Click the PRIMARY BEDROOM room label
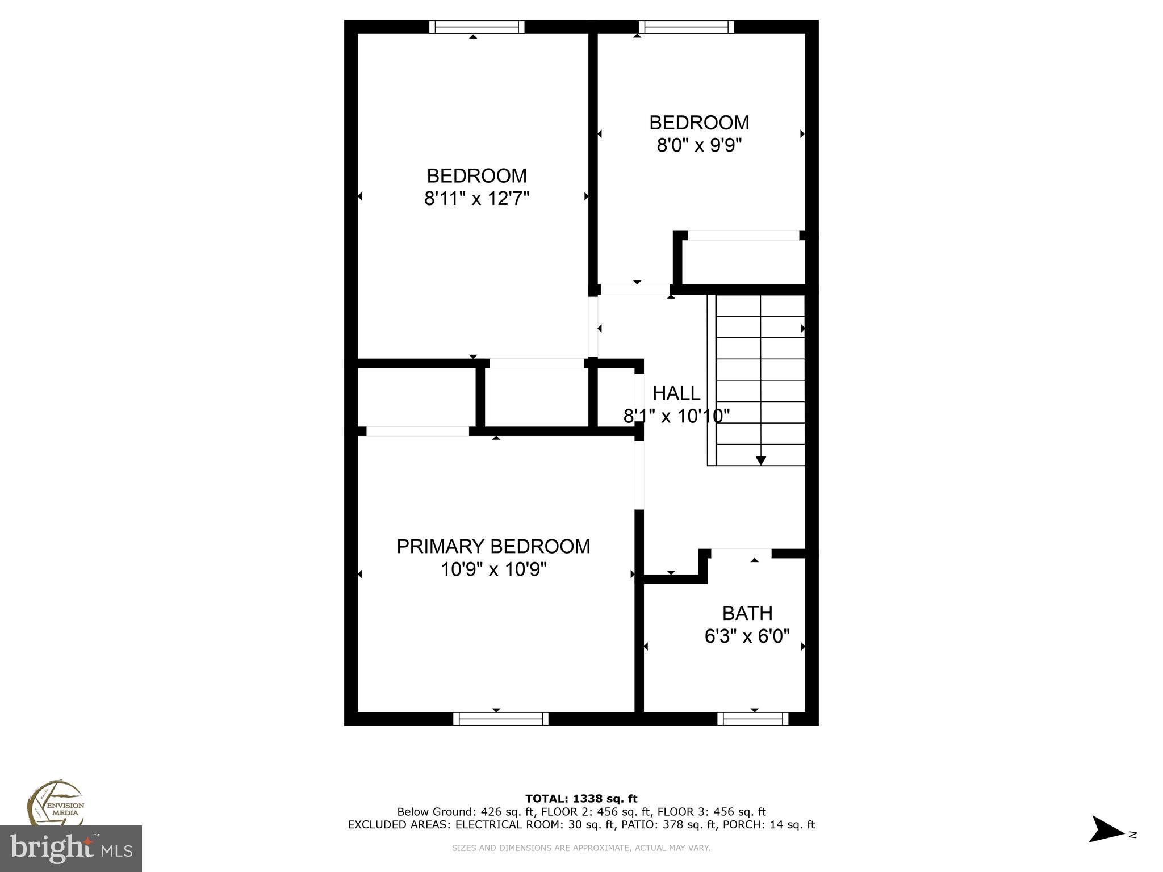tap(493, 546)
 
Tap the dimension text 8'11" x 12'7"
tap(476, 199)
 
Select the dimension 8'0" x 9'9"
tap(699, 146)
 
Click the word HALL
tap(676, 393)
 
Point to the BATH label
tap(747, 613)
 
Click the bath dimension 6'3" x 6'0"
tap(747, 636)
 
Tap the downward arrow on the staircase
tap(760, 460)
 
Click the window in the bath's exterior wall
tap(752, 719)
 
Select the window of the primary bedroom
tap(500, 719)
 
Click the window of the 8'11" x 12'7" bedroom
tap(476, 27)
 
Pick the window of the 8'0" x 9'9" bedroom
tap(686, 27)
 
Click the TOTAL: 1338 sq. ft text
tap(581, 799)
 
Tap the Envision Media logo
tap(55, 804)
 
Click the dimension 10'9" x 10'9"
tap(493, 569)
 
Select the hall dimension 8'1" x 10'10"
tap(676, 417)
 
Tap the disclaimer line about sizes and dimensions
tap(581, 848)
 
